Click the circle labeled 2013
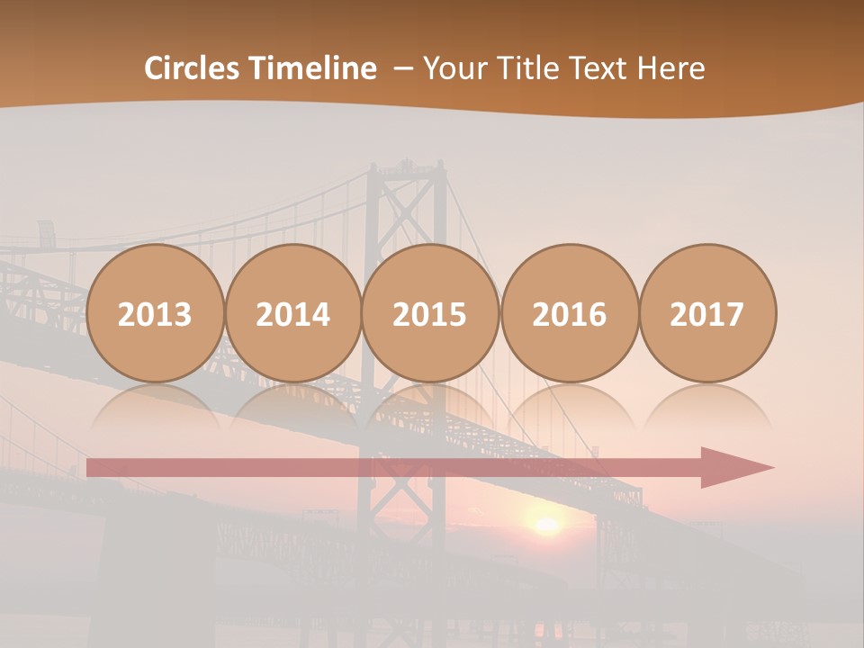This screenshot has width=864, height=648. (x=155, y=313)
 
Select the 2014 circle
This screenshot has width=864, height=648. (x=292, y=313)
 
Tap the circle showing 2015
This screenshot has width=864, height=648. (x=430, y=313)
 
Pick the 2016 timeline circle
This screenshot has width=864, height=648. (x=569, y=313)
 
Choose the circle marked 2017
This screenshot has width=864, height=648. (x=706, y=313)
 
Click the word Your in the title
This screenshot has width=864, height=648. (x=453, y=68)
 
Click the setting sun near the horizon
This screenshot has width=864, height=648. (x=545, y=525)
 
